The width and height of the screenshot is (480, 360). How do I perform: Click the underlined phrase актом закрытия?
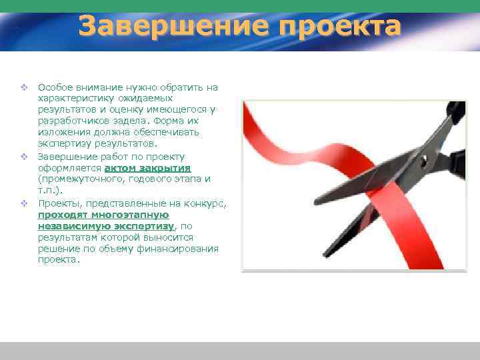pyautogui.click(x=147, y=167)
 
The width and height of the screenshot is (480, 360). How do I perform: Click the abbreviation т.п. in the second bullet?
pyautogui.click(x=47, y=190)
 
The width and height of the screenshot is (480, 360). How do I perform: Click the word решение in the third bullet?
pyautogui.click(x=58, y=249)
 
